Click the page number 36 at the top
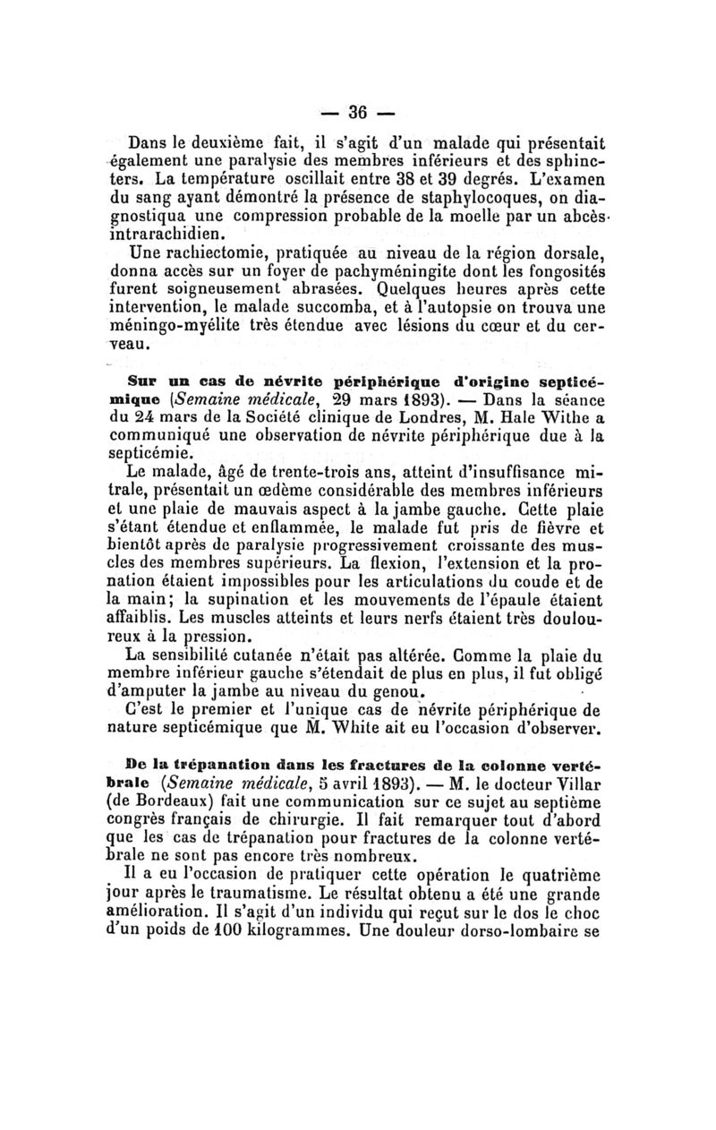[358, 113]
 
